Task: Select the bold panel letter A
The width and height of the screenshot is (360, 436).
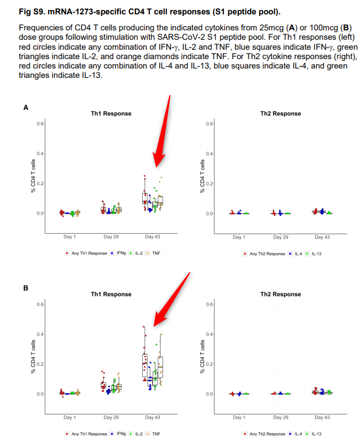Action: click(25, 108)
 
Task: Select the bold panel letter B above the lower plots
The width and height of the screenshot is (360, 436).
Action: click(25, 288)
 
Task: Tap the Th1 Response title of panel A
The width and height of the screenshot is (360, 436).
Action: click(111, 113)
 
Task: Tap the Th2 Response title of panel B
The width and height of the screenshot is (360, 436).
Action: click(280, 295)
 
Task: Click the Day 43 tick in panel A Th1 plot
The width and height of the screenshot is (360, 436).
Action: click(153, 237)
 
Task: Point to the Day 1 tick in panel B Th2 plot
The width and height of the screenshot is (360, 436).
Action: click(239, 417)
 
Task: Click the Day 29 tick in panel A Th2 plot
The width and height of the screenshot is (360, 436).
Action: click(281, 237)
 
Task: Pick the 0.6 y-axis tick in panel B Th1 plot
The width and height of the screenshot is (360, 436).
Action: click(40, 304)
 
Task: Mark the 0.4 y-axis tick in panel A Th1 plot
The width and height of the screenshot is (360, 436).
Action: click(40, 153)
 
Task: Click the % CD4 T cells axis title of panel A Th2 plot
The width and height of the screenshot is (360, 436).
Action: click(203, 176)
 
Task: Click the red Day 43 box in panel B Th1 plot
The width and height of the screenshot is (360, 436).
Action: click(144, 365)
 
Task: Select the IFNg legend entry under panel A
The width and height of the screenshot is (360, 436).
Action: click(118, 253)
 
